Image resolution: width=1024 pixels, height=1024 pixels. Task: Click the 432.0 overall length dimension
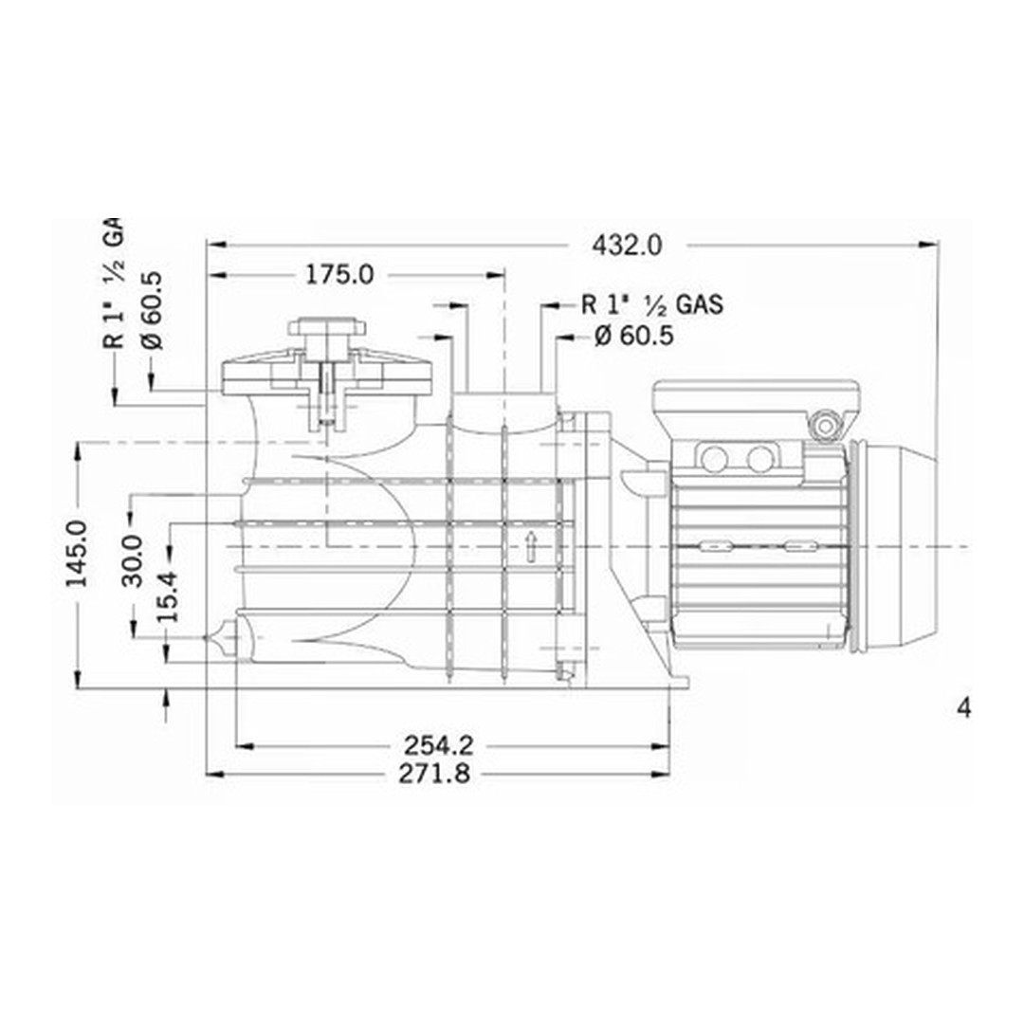click(x=627, y=245)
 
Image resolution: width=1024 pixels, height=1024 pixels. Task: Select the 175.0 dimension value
click(x=339, y=275)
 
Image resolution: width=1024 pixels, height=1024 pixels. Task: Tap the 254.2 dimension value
click(x=437, y=744)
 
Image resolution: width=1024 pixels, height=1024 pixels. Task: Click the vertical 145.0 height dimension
click(x=77, y=553)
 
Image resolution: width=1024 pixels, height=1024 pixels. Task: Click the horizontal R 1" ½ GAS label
click(x=652, y=305)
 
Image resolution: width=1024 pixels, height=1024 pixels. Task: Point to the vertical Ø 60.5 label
click(x=152, y=310)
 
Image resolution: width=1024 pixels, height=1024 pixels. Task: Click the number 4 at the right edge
click(x=964, y=708)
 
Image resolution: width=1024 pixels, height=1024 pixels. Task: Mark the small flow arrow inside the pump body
click(x=531, y=544)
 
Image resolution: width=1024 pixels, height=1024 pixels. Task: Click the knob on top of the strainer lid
click(x=326, y=328)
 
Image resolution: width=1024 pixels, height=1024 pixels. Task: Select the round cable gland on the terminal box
click(x=828, y=426)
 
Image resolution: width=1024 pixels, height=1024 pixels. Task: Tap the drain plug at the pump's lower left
click(x=222, y=638)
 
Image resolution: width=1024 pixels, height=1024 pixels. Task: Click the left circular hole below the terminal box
click(x=715, y=460)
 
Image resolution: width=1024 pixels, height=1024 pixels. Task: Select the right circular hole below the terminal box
click(x=760, y=460)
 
